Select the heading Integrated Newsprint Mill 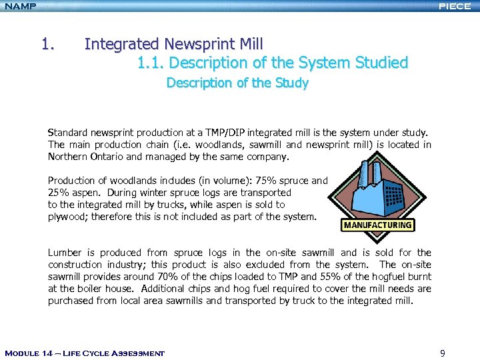coord(173,44)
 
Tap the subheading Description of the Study coord(237,83)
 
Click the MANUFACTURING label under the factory coord(377,225)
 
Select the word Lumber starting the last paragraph coord(65,253)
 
